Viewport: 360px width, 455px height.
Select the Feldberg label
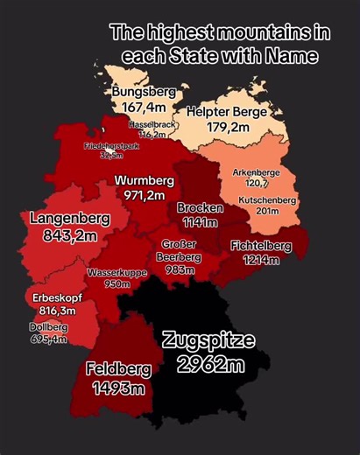(x=118, y=369)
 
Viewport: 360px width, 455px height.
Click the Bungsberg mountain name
(x=144, y=91)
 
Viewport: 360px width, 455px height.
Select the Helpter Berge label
(x=226, y=112)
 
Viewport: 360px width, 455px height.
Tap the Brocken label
(x=200, y=208)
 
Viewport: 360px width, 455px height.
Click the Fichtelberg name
(x=261, y=246)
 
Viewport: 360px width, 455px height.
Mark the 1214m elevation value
(x=261, y=260)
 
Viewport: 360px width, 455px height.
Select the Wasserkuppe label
(x=115, y=273)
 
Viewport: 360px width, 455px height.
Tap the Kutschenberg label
(x=268, y=200)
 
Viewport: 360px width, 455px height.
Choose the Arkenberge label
(x=256, y=172)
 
